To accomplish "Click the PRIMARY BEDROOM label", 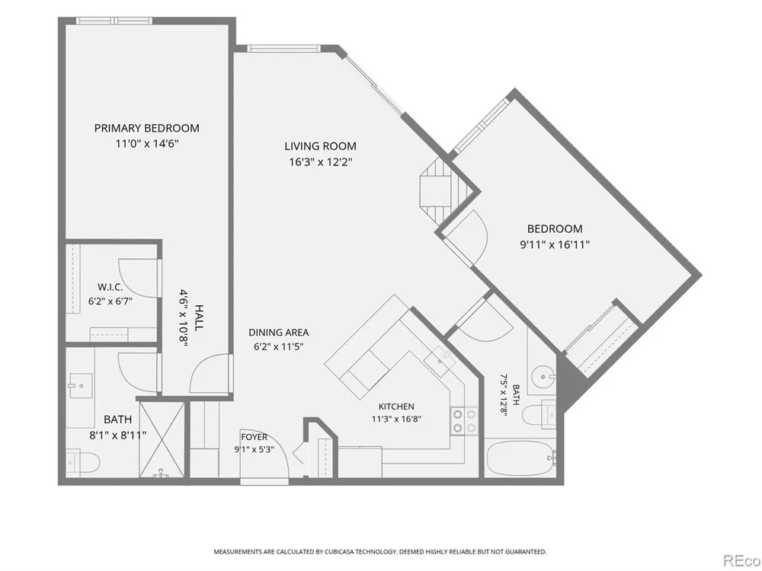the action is (x=147, y=128).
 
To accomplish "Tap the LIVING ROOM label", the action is (x=320, y=146).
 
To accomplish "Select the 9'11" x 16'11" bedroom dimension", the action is (x=555, y=244).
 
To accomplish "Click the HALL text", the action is (x=198, y=318).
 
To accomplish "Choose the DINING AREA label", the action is (x=278, y=333).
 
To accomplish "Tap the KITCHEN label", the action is (x=396, y=407).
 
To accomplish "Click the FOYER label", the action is (x=254, y=437).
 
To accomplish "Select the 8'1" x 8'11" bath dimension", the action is (x=118, y=435).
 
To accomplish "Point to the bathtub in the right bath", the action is (x=521, y=458).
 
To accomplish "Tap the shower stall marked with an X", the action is (x=162, y=439).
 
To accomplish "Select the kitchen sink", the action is (x=440, y=361).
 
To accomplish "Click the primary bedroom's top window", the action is (x=115, y=21).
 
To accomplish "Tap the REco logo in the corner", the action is (x=742, y=561).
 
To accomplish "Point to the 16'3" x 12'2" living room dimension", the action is (x=320, y=162).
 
